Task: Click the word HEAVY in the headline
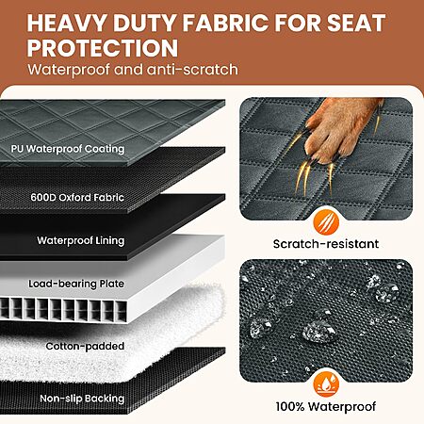67,23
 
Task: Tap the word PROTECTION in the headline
103,48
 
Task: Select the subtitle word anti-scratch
192,70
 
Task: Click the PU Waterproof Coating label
68,149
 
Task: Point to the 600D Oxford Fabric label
77,197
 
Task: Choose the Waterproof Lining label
81,240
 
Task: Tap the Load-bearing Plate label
76,284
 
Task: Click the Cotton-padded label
85,346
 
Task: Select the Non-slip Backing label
82,399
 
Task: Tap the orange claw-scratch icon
326,222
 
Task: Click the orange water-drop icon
326,384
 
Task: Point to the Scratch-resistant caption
326,244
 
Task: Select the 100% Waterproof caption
326,406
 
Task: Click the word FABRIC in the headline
226,23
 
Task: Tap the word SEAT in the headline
356,23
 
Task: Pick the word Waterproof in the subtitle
69,70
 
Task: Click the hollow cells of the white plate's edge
63,310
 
